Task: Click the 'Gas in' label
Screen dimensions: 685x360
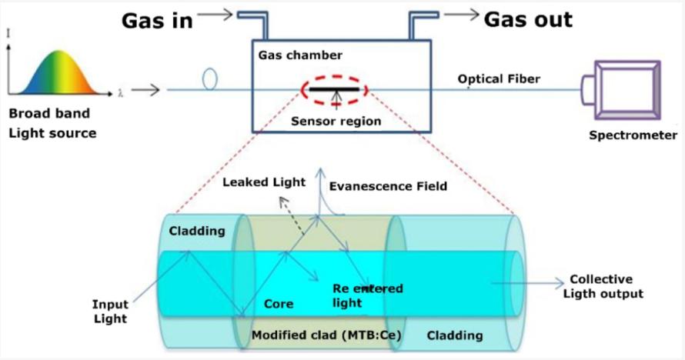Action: coord(157,21)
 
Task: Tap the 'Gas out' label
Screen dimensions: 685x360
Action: coord(528,20)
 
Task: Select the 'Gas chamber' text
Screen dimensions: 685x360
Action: coord(300,55)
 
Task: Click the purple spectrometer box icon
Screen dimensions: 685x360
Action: coord(621,90)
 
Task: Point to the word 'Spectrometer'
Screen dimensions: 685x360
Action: coord(633,135)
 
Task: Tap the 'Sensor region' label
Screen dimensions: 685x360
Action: coord(336,121)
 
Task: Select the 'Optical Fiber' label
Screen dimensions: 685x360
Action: coord(499,79)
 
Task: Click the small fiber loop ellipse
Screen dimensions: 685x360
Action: coord(210,78)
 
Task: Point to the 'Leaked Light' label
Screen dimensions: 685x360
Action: coord(264,182)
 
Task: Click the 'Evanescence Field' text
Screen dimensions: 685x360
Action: coord(388,186)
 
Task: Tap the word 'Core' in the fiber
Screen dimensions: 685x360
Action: coord(279,304)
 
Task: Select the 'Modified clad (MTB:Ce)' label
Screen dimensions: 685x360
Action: coord(326,335)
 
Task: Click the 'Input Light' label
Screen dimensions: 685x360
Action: coord(110,311)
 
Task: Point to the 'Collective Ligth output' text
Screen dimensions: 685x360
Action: coord(603,286)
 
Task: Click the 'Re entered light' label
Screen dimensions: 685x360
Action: coord(367,295)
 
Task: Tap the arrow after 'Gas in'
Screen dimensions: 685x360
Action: coord(215,15)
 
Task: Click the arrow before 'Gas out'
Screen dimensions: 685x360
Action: coord(461,15)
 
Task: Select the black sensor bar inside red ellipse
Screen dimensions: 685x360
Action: coord(334,89)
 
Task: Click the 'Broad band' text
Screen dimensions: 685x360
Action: coord(49,113)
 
